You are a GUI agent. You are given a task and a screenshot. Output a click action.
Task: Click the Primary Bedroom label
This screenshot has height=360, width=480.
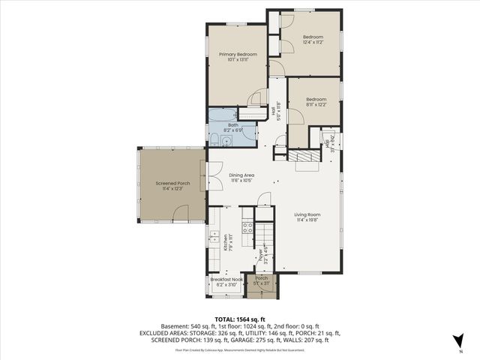(238, 55)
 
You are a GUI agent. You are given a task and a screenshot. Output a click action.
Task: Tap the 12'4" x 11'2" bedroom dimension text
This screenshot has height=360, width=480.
(313, 43)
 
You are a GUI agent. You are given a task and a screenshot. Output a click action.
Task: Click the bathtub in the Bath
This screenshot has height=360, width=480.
(223, 115)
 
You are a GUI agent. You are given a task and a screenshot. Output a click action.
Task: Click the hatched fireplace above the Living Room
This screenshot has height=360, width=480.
(305, 156)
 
